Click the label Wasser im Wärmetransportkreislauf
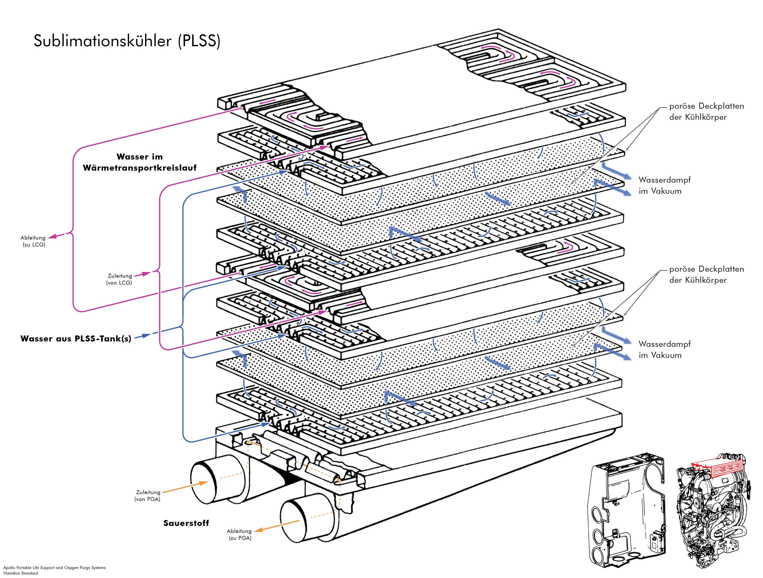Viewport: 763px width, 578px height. (x=140, y=162)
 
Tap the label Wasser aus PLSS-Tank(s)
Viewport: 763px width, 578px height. (x=76, y=339)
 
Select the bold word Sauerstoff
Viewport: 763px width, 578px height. (x=186, y=523)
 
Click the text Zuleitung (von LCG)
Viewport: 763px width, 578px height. (x=119, y=279)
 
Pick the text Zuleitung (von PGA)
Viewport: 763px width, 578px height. (x=148, y=495)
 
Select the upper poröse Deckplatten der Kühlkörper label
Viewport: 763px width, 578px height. (x=706, y=111)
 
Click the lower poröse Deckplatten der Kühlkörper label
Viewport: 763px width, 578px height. (x=706, y=274)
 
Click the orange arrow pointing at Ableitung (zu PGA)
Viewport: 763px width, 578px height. (x=276, y=526)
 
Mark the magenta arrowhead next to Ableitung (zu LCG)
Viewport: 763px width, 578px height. (x=52, y=237)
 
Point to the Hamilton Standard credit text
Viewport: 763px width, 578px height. (x=21, y=573)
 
